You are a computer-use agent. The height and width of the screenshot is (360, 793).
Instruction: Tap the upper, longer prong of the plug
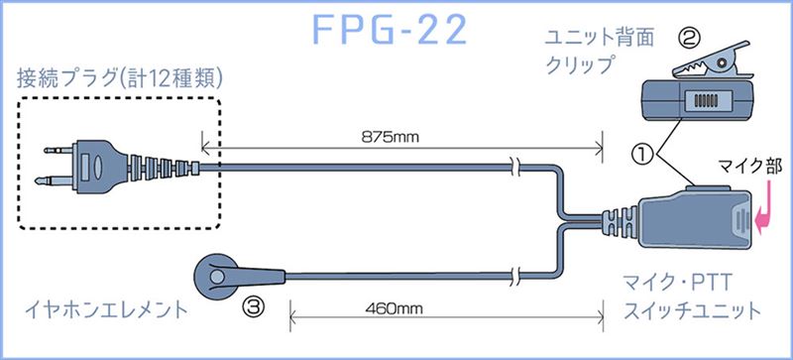tap(59, 151)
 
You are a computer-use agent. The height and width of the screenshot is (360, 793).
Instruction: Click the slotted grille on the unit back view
tap(704, 101)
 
